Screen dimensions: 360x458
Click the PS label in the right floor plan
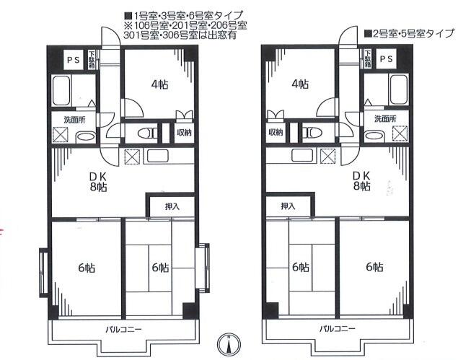386,60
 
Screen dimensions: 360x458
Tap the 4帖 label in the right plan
300,84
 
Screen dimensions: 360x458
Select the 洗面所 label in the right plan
384,119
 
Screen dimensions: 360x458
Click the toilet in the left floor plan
148,133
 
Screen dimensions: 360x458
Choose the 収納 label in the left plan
184,133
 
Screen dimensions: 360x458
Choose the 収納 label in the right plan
275,133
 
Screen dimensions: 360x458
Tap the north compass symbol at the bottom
229,344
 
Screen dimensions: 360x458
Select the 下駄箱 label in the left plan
92,60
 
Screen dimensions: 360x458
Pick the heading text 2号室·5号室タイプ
409,34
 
